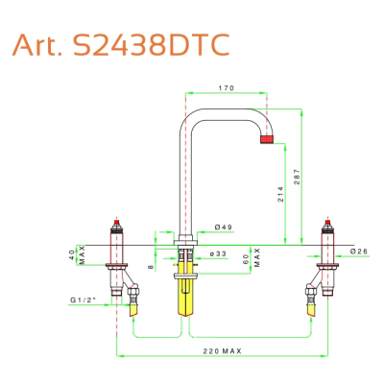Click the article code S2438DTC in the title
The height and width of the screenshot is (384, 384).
[151, 45]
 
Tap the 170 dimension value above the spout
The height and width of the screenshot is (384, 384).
[227, 88]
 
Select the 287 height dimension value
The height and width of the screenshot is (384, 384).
[298, 177]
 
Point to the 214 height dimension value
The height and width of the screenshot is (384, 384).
[280, 194]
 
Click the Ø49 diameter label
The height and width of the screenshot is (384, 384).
[224, 228]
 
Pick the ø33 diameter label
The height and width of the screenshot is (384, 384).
[218, 253]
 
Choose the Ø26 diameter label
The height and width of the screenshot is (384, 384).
[359, 252]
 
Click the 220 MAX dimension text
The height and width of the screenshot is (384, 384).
[223, 351]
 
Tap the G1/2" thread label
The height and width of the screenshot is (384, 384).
[84, 300]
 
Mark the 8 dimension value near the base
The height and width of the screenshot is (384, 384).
[152, 267]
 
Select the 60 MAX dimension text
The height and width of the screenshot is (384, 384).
[251, 257]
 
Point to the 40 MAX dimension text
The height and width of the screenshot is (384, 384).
[77, 255]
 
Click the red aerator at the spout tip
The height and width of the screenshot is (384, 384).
[267, 139]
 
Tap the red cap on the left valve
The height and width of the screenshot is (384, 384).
[117, 223]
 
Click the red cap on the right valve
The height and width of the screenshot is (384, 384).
[328, 223]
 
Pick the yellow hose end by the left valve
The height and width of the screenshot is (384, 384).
[133, 310]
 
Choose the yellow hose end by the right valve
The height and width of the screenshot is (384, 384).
[311, 310]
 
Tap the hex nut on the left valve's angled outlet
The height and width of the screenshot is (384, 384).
[132, 291]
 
